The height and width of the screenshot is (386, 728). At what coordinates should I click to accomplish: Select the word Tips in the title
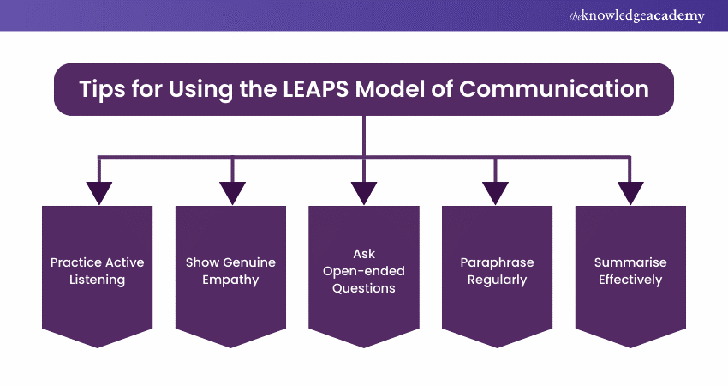point(102,90)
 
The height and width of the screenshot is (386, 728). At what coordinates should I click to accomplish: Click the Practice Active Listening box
point(98,270)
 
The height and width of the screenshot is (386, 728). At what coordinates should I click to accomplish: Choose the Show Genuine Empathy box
point(230,270)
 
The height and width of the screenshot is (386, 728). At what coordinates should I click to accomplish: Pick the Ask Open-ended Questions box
point(364,270)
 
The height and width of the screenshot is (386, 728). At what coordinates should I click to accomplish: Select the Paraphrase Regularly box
point(497,270)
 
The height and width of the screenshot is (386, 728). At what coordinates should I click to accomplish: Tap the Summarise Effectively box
point(630,270)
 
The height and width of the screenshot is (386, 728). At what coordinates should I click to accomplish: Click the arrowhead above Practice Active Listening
point(98,193)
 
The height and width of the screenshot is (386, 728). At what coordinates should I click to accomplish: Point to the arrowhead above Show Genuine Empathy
point(231,193)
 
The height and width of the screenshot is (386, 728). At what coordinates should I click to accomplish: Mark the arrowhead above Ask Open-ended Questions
point(364,193)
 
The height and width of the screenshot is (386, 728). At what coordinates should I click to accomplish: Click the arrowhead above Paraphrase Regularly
point(497,193)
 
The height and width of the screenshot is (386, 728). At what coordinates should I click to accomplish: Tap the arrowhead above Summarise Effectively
point(630,193)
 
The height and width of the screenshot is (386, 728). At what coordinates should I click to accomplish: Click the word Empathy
point(230,280)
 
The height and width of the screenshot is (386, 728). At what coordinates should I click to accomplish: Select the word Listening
point(98,280)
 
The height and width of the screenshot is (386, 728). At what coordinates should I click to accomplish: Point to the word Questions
point(364,288)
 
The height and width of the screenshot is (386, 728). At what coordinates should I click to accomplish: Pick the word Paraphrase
point(497,262)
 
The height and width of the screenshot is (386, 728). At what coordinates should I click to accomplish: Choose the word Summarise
point(630,262)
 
